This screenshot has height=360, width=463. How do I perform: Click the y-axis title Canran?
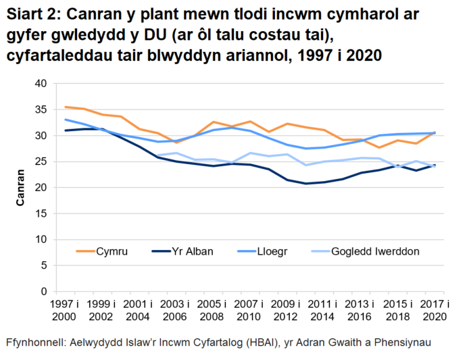[x=21, y=187]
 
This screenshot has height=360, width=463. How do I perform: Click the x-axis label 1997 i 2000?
[x=66, y=310]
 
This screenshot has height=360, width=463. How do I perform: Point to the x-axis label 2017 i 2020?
[x=433, y=310]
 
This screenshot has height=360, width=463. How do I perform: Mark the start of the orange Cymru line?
[x=66, y=107]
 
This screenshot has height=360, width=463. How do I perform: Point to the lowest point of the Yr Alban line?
[x=306, y=184]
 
